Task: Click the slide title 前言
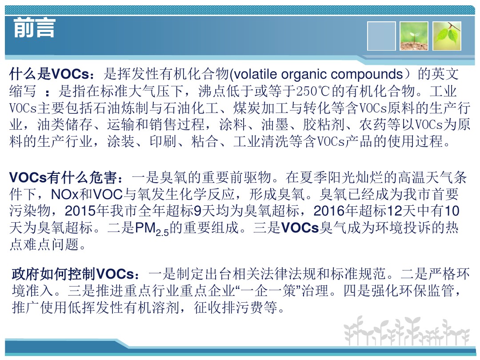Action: pyautogui.click(x=34, y=28)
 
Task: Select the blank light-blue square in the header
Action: pyautogui.click(x=381, y=36)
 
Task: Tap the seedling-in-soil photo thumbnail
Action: pyautogui.click(x=414, y=36)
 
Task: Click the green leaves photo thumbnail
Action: pyautogui.click(x=447, y=36)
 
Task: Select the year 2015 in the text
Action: pyautogui.click(x=80, y=211)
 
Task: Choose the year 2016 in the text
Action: pyautogui.click(x=329, y=211)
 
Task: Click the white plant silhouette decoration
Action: pyautogui.click(x=407, y=331)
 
